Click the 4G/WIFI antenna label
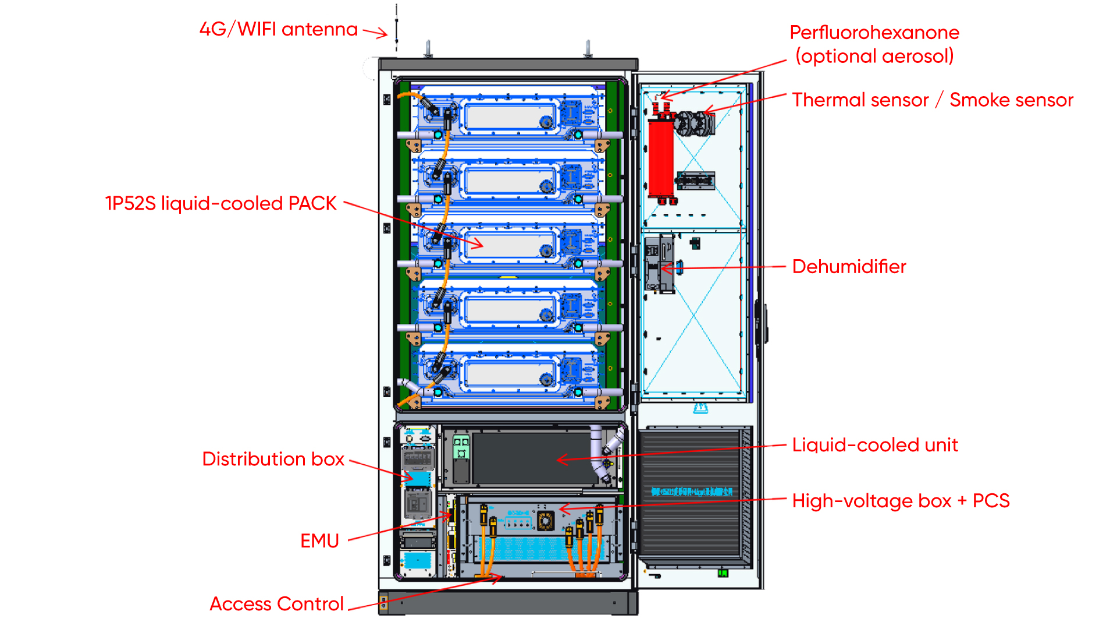click(278, 29)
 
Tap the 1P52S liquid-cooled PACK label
click(220, 203)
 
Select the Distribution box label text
click(273, 459)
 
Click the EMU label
click(319, 540)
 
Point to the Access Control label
click(276, 604)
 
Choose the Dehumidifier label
click(849, 267)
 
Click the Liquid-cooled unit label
click(874, 445)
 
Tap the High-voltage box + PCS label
click(901, 501)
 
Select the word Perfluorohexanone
click(874, 33)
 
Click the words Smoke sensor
click(1011, 100)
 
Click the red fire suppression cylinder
click(661, 157)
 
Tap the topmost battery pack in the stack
click(509, 114)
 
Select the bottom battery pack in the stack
click(509, 373)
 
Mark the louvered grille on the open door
click(692, 495)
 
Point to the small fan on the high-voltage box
click(545, 521)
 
